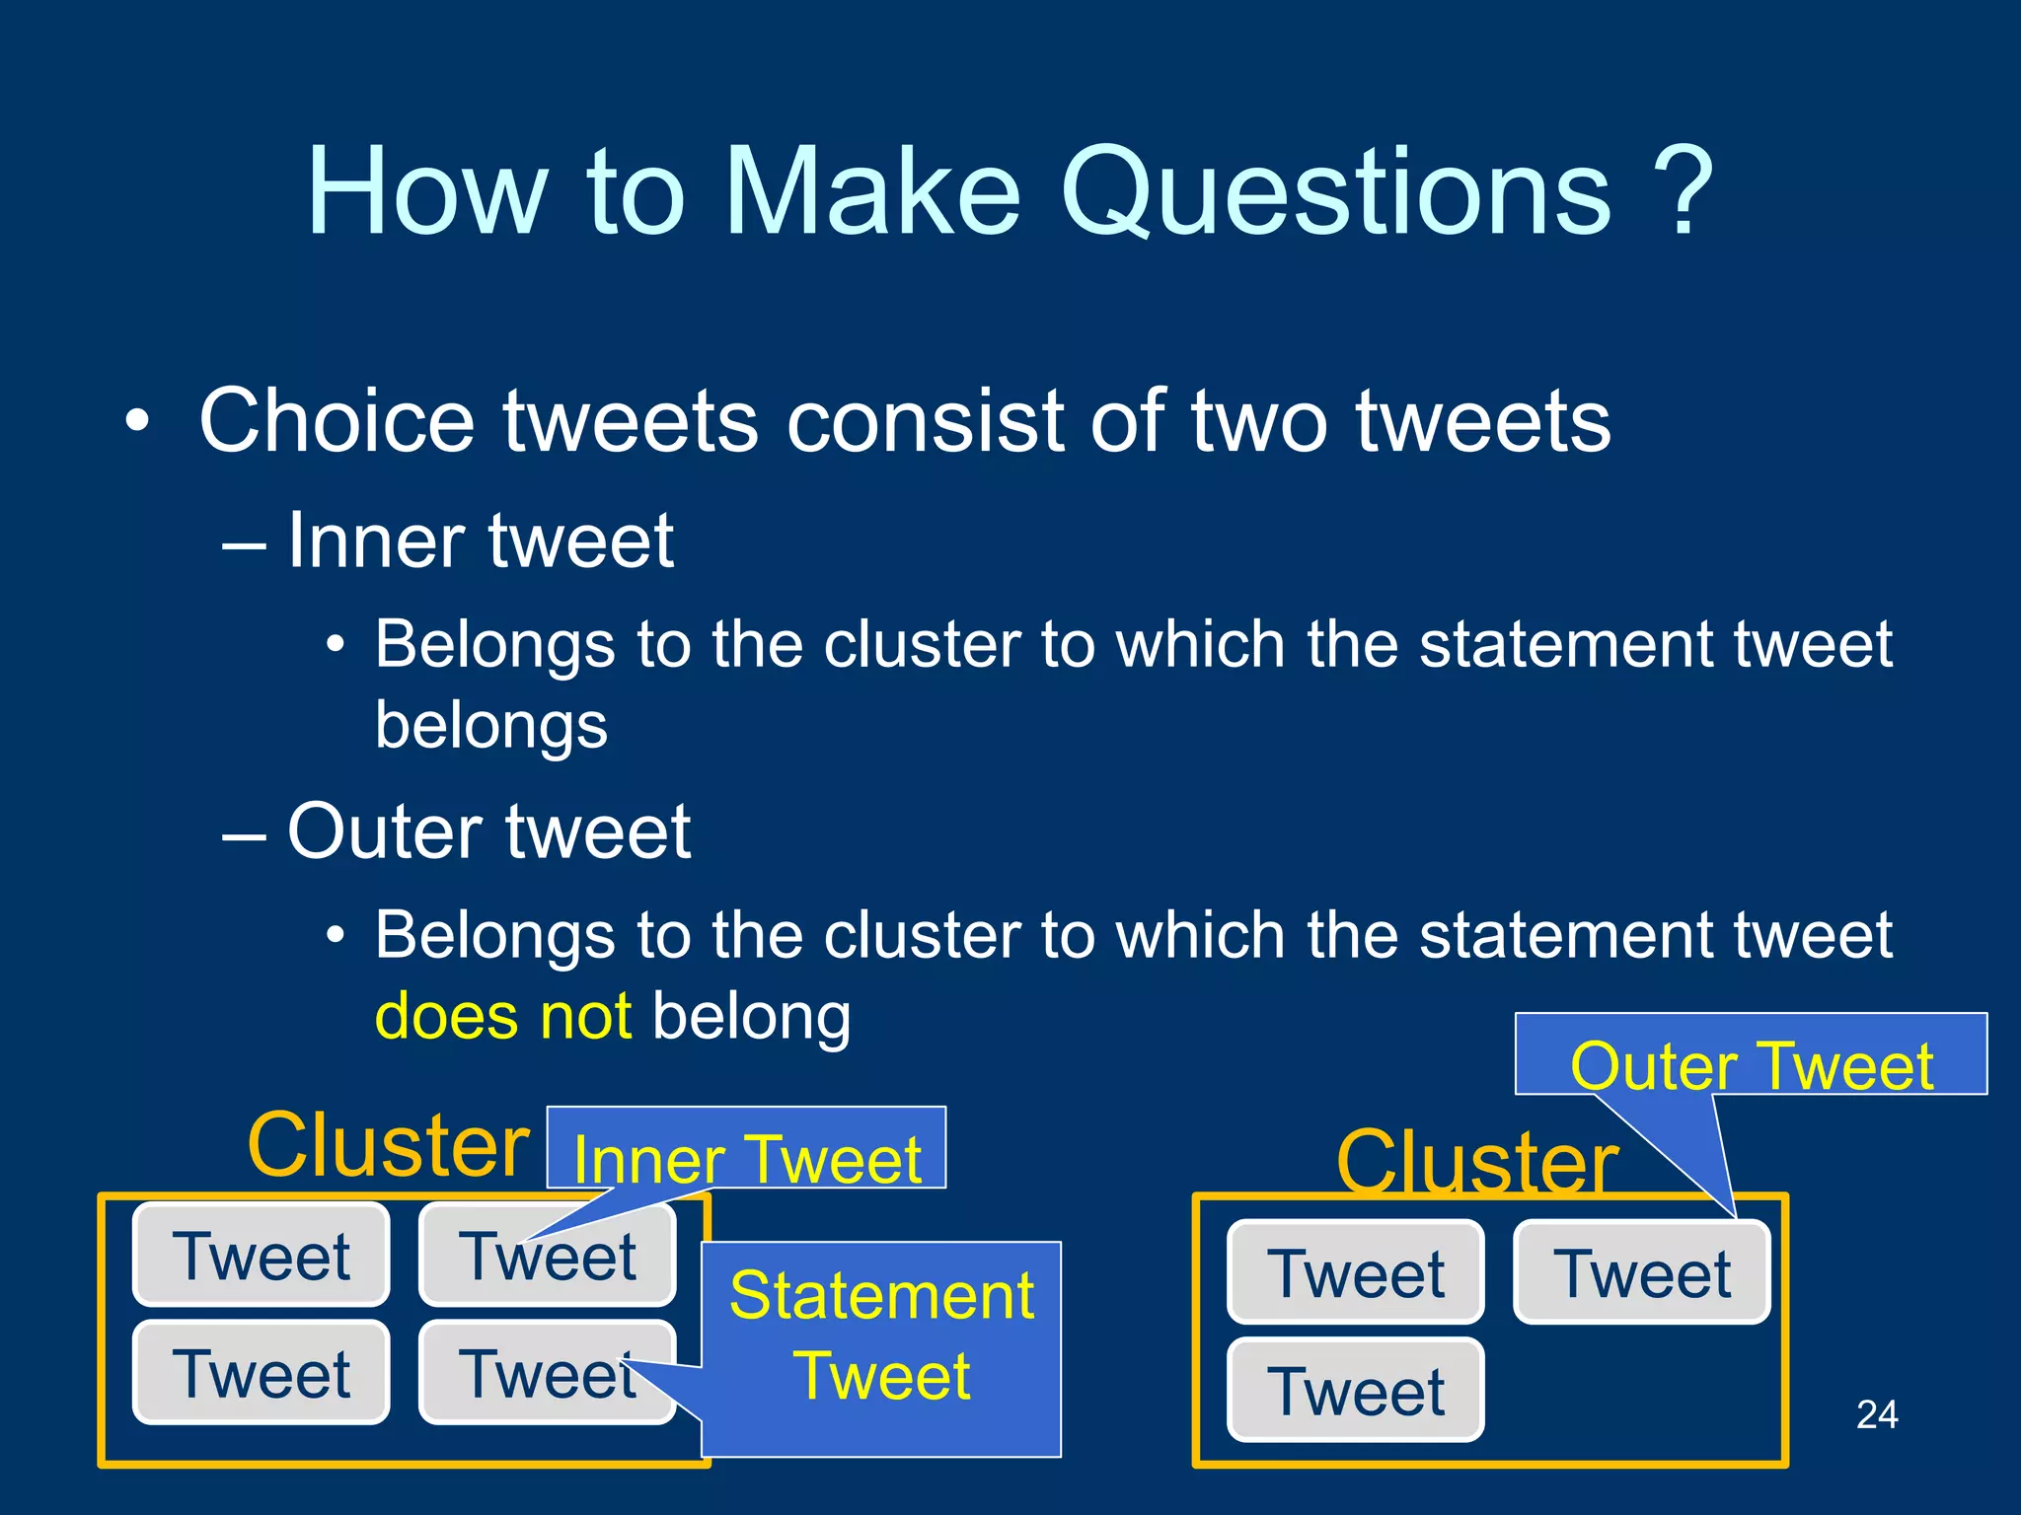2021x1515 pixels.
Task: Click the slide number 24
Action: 1876,1414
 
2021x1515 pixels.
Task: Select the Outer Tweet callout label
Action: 1751,1065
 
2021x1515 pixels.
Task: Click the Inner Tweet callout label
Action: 747,1158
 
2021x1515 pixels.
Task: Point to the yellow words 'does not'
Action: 503,1016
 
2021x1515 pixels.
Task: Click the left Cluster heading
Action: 389,1144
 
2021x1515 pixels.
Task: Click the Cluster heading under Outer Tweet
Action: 1476,1162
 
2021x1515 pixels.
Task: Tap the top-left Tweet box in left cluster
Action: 262,1256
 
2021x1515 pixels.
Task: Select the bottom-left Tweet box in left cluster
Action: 262,1373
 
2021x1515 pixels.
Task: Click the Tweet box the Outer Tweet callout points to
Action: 1642,1272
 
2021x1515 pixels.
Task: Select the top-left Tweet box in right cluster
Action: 1356,1272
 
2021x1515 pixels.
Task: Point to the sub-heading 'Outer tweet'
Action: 488,831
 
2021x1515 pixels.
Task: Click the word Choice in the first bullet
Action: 337,421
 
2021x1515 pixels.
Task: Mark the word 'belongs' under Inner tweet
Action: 491,725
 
